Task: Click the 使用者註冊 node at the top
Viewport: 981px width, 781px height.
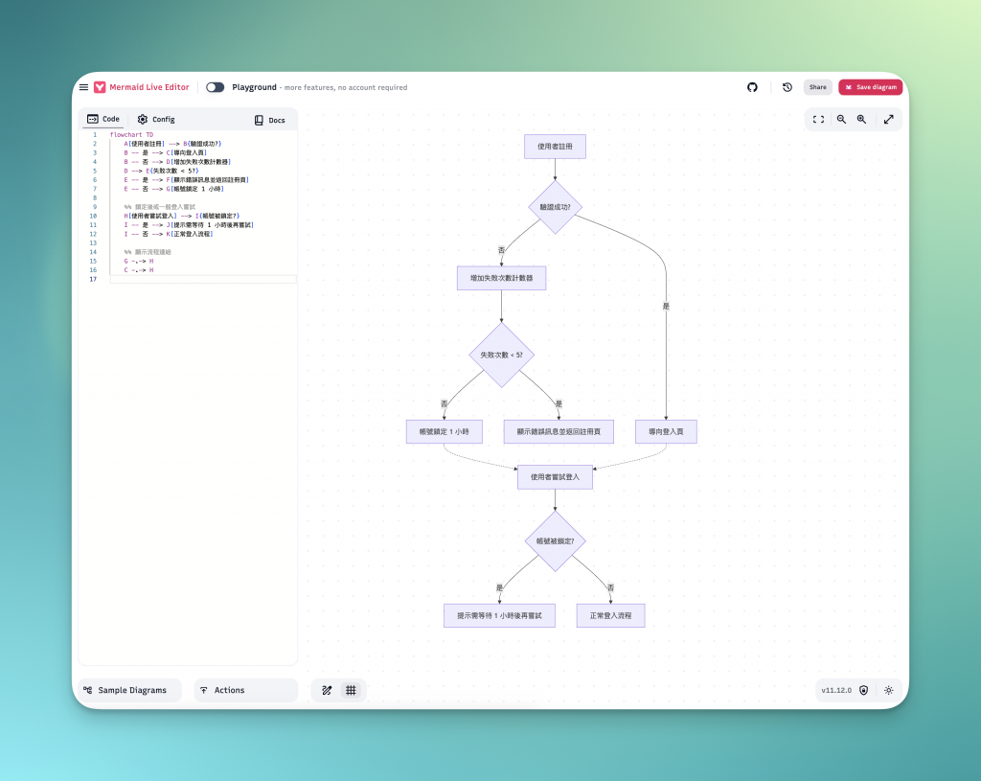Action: (555, 147)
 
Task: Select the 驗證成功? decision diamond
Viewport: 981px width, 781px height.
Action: (555, 207)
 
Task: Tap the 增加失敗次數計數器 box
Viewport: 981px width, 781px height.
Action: (501, 278)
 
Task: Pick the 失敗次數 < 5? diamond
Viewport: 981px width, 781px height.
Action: (501, 355)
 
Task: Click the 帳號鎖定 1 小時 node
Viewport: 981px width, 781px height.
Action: (444, 432)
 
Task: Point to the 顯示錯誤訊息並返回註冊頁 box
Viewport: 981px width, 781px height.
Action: (559, 432)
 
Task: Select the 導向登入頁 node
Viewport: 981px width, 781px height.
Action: (666, 432)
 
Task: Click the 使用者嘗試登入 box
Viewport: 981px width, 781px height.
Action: (555, 476)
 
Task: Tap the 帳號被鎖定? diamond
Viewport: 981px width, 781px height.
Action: (555, 541)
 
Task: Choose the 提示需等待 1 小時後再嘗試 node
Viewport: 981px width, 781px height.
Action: (500, 615)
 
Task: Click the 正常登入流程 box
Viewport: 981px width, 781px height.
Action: (610, 615)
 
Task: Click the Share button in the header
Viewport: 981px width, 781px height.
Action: (817, 87)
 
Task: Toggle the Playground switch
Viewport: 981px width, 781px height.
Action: (215, 87)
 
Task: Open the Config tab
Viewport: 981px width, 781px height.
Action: (155, 120)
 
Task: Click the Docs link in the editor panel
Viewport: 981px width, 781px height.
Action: (269, 121)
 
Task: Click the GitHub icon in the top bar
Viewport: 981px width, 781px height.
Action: (752, 87)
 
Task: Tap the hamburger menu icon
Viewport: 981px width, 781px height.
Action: (83, 87)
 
